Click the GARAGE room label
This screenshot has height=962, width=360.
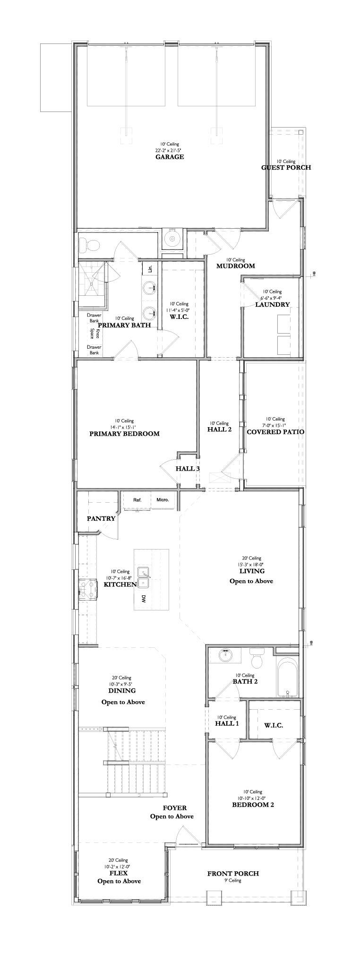[170, 157]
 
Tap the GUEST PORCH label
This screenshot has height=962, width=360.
[286, 167]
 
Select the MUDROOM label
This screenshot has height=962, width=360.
[235, 266]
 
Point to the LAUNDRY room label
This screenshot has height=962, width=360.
[272, 304]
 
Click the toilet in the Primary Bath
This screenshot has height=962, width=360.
[90, 245]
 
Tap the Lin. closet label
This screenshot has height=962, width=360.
[150, 269]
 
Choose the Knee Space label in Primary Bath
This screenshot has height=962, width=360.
[95, 334]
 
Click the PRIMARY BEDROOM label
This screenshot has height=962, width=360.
[124, 433]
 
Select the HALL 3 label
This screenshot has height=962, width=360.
[188, 469]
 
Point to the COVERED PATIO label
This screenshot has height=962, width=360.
[275, 431]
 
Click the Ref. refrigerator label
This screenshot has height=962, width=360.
[137, 500]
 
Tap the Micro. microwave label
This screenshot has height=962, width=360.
[163, 500]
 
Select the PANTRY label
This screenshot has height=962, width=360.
[101, 518]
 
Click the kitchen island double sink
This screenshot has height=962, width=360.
[144, 578]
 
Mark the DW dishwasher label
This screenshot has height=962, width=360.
[143, 599]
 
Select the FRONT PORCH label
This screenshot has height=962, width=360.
[233, 874]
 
